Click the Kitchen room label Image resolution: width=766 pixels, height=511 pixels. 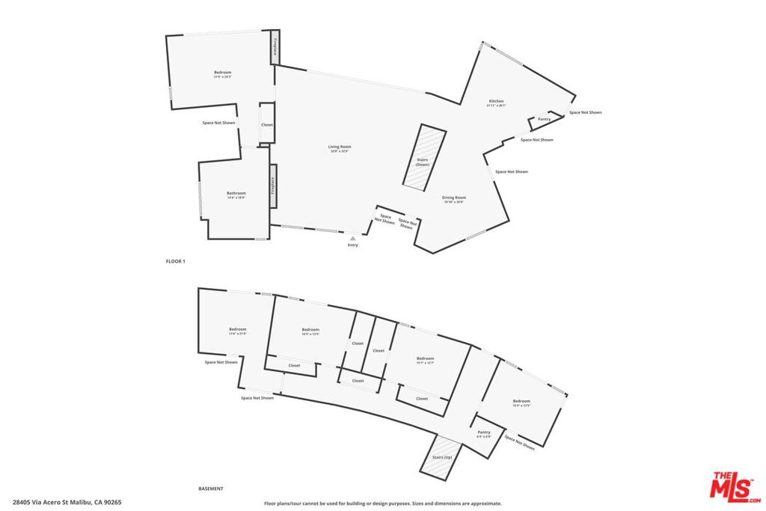pyautogui.click(x=496, y=101)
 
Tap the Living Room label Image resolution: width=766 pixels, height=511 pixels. pyautogui.click(x=340, y=147)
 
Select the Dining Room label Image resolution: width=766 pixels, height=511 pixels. pyautogui.click(x=454, y=198)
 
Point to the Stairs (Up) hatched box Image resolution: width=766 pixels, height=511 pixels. pyautogui.click(x=438, y=458)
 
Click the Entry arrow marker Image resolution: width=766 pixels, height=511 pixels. pyautogui.click(x=353, y=238)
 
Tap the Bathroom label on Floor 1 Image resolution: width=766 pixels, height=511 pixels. pyautogui.click(x=236, y=193)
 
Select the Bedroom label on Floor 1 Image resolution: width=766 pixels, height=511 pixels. pyautogui.click(x=223, y=73)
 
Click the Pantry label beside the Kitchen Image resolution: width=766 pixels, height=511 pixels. pyautogui.click(x=544, y=119)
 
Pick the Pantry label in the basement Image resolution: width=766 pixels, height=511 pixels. pyautogui.click(x=484, y=432)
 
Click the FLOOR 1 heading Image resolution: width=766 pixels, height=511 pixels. pyautogui.click(x=175, y=261)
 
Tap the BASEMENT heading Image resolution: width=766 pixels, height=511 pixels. pyautogui.click(x=210, y=489)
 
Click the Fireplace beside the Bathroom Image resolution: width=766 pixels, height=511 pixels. pyautogui.click(x=273, y=186)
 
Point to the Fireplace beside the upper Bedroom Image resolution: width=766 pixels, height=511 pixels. pyautogui.click(x=275, y=49)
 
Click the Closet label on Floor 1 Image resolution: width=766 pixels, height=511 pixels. pyautogui.click(x=267, y=125)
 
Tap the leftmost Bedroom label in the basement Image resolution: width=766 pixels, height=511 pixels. pyautogui.click(x=237, y=329)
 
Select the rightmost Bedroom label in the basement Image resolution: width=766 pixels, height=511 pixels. pyautogui.click(x=521, y=401)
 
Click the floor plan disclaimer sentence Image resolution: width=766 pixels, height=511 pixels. pyautogui.click(x=383, y=504)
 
